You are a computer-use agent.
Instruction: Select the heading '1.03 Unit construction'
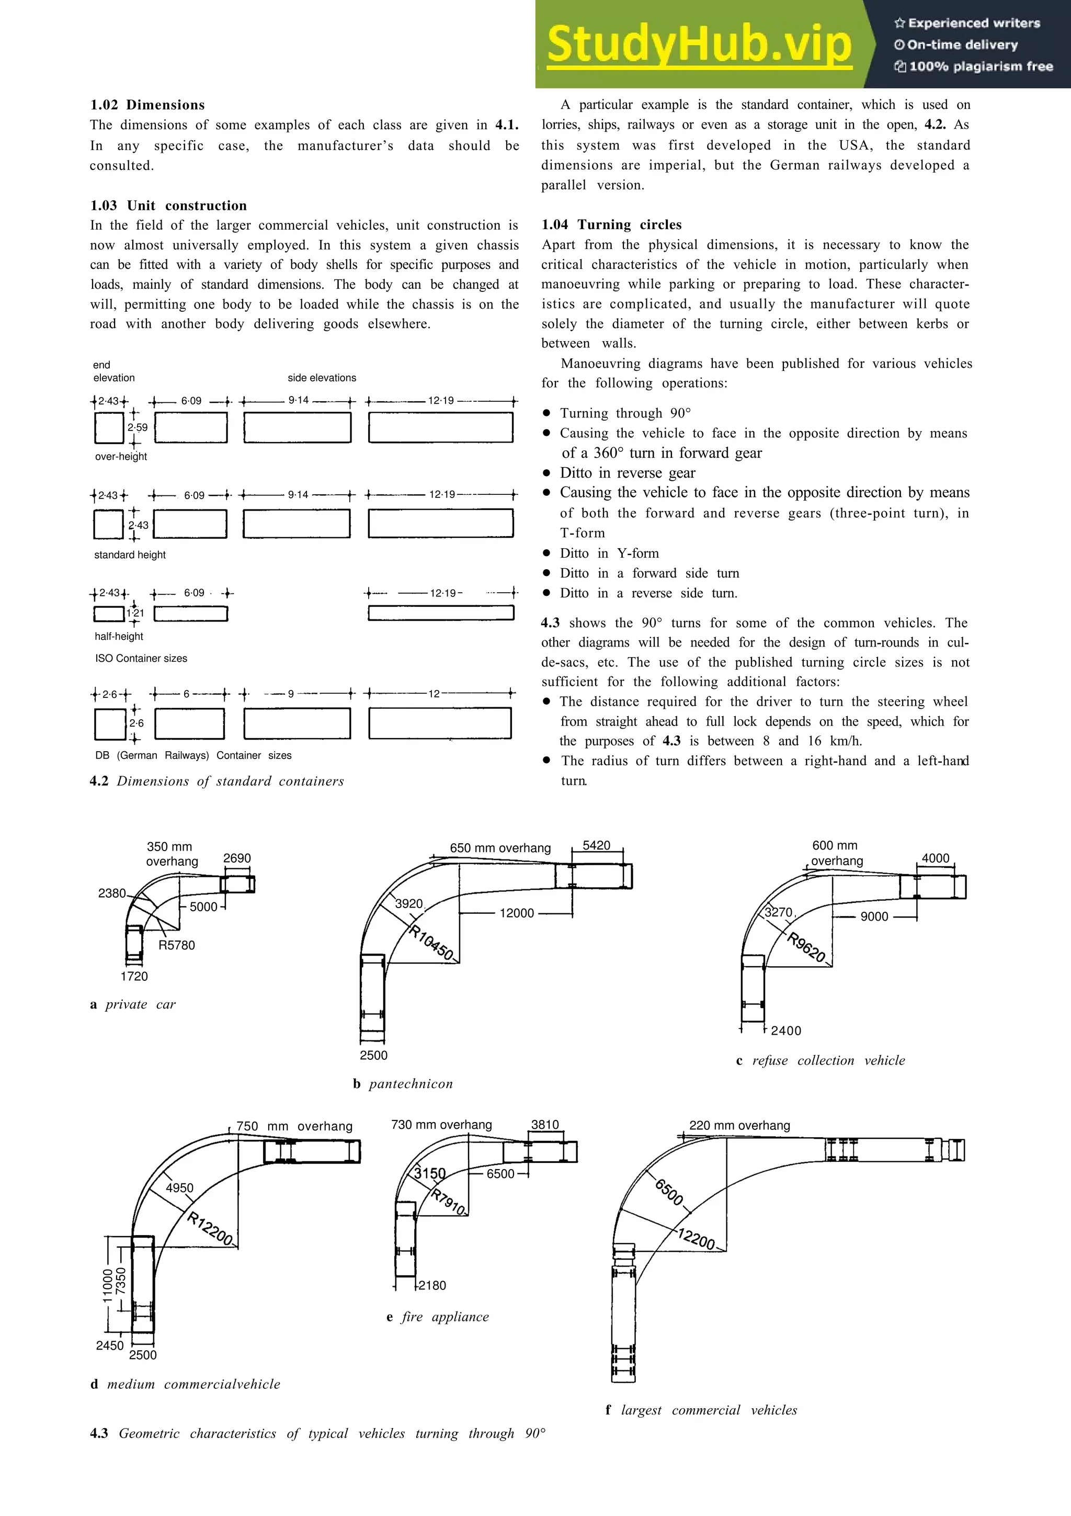(x=168, y=206)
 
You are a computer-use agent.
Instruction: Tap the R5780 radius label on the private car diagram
(x=177, y=945)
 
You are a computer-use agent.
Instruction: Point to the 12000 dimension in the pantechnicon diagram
(x=517, y=913)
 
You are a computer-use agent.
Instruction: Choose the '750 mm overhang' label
(x=294, y=1126)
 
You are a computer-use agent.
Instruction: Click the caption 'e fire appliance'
(x=438, y=1317)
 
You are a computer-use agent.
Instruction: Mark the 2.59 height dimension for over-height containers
(x=137, y=427)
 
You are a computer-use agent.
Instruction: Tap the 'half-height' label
(x=119, y=636)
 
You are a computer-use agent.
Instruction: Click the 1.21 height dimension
(x=135, y=613)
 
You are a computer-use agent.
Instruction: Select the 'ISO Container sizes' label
(x=141, y=658)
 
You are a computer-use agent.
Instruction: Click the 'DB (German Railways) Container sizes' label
(x=193, y=755)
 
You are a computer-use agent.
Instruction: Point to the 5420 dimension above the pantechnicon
(x=597, y=845)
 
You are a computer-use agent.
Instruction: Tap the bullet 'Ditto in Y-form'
(x=609, y=553)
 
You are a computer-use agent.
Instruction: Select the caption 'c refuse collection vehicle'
(x=820, y=1060)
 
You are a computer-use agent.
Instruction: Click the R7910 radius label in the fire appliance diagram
(x=449, y=1202)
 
